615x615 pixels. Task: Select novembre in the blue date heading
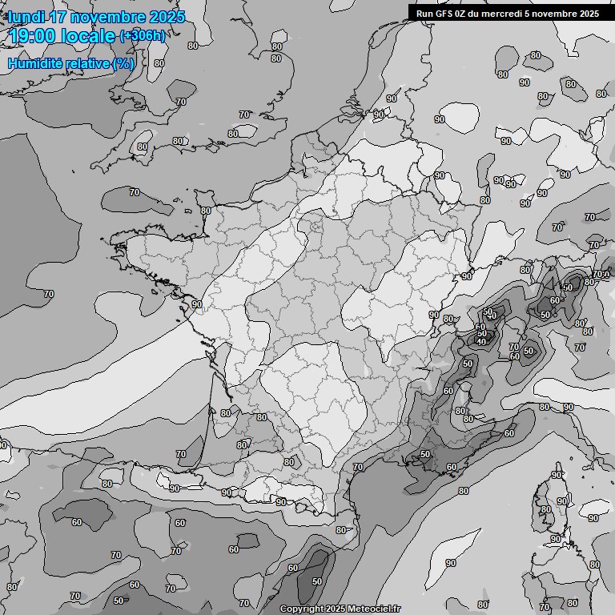click(x=109, y=17)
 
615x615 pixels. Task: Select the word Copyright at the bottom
click(x=302, y=609)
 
